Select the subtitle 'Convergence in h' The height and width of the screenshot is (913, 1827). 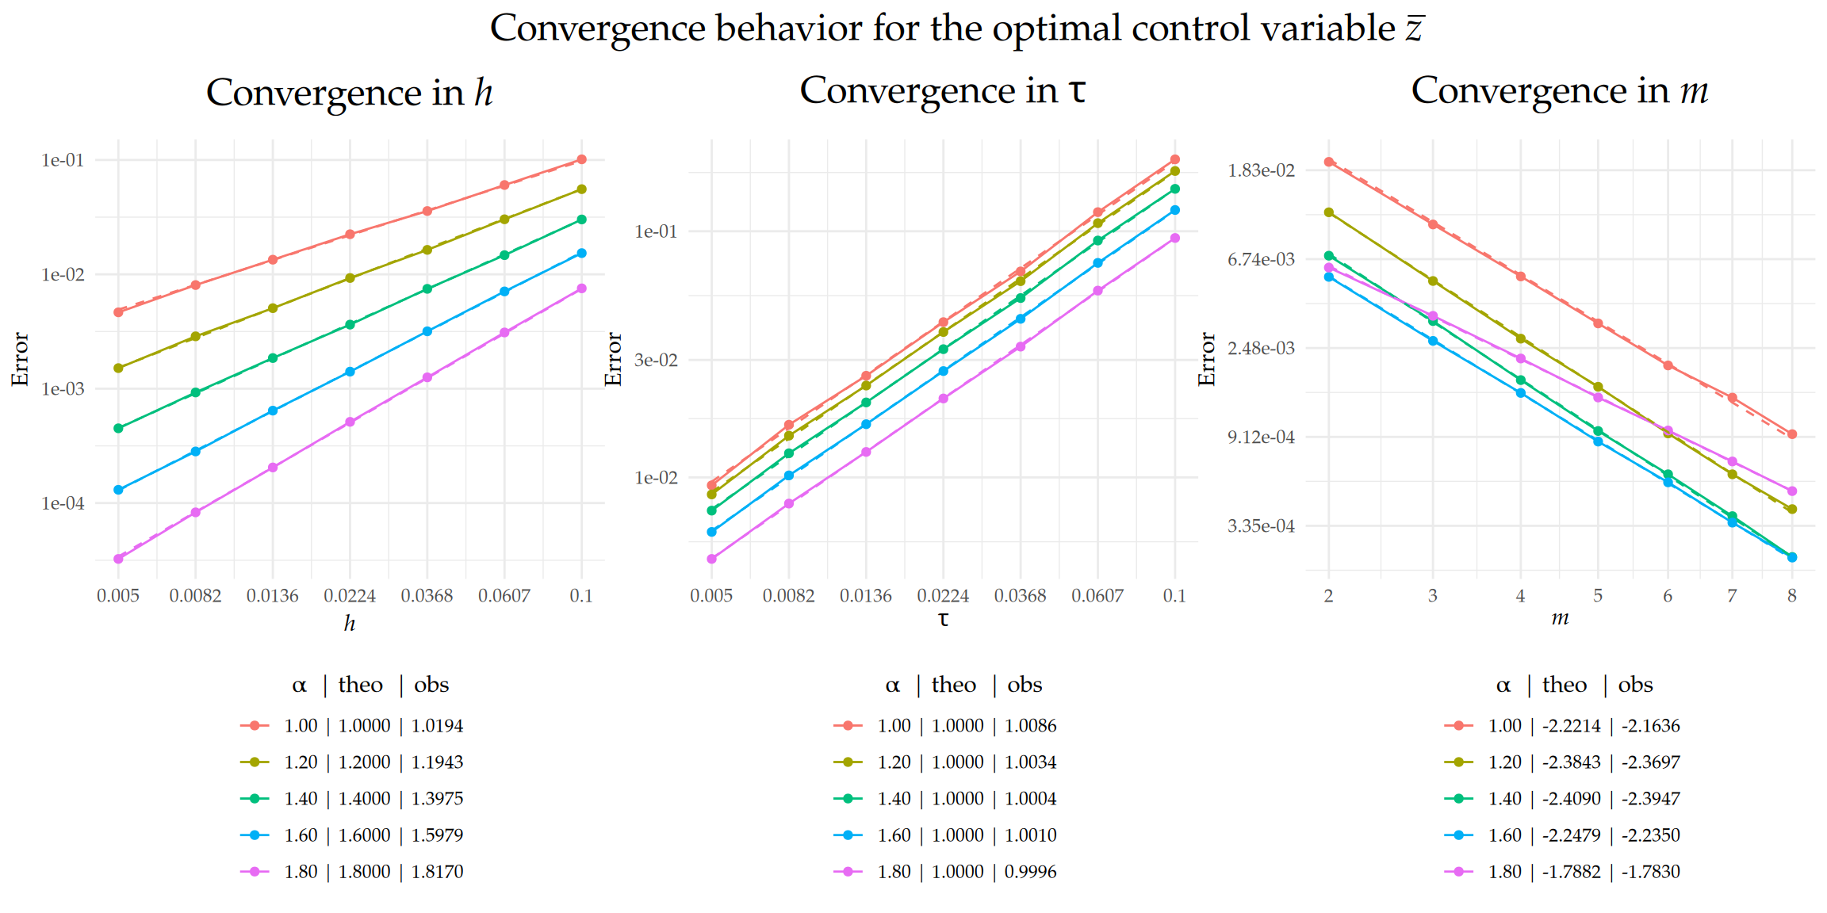coord(349,93)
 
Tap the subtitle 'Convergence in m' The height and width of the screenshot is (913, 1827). coord(1559,90)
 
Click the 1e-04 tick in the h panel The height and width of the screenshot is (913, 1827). coord(63,503)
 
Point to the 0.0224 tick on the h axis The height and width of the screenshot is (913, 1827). coord(350,596)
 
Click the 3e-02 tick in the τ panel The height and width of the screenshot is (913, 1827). coord(656,361)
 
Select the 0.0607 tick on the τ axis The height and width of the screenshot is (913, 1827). coord(1097,596)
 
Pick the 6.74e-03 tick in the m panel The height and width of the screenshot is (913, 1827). coord(1261,259)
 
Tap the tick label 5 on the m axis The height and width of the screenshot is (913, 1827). coord(1598,596)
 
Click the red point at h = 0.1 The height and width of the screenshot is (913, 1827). coord(581,159)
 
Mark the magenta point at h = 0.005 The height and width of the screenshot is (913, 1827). coord(118,559)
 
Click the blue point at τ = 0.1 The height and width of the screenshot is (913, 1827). coord(1175,210)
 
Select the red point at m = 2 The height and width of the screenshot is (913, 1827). coord(1329,162)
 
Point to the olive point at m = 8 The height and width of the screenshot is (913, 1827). coord(1792,510)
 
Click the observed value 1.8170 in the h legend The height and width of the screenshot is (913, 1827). coord(437,872)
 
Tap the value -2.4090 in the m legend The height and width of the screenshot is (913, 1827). coord(1571,799)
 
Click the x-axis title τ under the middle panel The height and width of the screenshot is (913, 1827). coord(943,619)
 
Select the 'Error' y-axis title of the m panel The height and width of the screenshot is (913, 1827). coord(1207,359)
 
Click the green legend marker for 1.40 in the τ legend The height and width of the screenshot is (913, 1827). coord(848,799)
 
